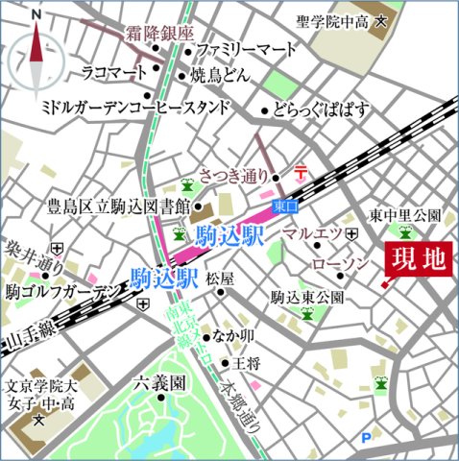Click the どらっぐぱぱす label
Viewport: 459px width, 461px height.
pyautogui.click(x=321, y=109)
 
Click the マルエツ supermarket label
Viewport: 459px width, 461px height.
pyautogui.click(x=313, y=233)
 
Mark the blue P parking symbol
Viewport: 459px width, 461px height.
pyautogui.click(x=365, y=439)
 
